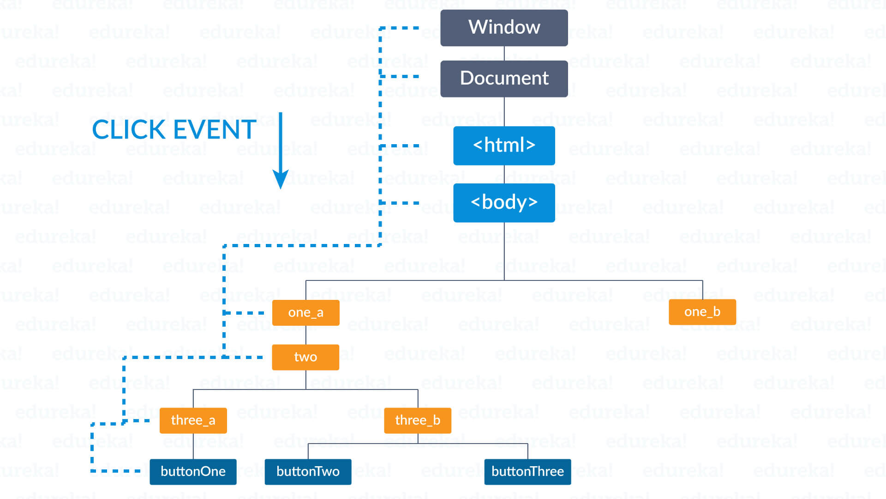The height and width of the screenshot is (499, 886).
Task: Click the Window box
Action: tap(504, 28)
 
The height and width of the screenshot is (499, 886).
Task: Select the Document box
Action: tap(504, 79)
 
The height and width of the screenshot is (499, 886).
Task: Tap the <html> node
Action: tap(504, 146)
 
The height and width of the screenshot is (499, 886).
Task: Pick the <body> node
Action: tap(504, 203)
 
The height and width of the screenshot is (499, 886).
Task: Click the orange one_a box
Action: tap(305, 313)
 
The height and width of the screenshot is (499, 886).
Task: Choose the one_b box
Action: tap(702, 312)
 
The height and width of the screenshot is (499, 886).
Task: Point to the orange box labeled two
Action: tap(305, 357)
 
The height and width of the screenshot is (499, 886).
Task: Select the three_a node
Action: tap(193, 420)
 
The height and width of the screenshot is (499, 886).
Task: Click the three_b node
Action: tap(418, 420)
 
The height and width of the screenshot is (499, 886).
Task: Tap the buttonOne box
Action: tap(193, 472)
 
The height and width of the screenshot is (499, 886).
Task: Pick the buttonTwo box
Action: tap(308, 472)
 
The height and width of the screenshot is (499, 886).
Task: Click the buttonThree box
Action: tap(527, 472)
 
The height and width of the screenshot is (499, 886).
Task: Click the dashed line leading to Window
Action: tap(399, 28)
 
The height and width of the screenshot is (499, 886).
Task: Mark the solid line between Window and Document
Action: tap(504, 53)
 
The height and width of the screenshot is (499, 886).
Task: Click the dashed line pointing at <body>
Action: tap(399, 203)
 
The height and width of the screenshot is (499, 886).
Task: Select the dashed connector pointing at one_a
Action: tap(244, 313)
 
